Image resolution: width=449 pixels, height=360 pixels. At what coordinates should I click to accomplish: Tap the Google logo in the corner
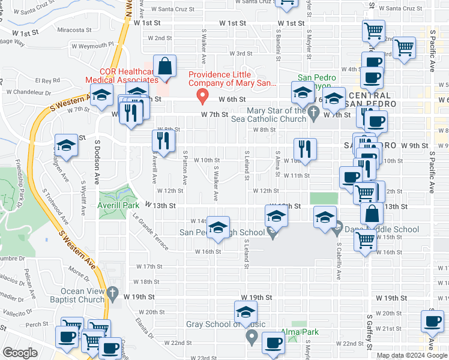pyautogui.click(x=19, y=353)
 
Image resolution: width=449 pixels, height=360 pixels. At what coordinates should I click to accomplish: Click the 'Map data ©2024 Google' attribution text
pyautogui.click(x=411, y=355)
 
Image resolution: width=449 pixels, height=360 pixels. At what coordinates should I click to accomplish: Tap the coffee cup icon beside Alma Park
pyautogui.click(x=274, y=342)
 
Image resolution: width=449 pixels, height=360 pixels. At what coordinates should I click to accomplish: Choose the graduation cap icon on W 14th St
pyautogui.click(x=218, y=226)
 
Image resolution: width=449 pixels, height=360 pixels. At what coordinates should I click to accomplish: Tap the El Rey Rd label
pyautogui.click(x=47, y=80)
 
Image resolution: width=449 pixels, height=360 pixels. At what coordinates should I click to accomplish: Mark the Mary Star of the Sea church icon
pyautogui.click(x=313, y=112)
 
